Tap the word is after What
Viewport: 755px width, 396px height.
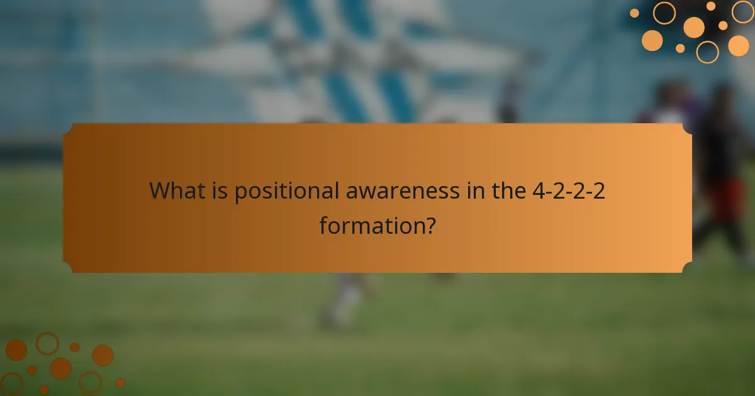[x=218, y=190]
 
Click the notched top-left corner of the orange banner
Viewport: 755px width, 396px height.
[x=68, y=128]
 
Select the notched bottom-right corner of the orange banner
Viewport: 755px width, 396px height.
[x=687, y=268]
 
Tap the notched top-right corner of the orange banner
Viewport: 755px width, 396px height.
[x=687, y=128]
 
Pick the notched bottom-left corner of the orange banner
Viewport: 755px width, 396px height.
[x=68, y=268]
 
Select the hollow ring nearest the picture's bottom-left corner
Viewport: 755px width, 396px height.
[x=11, y=383]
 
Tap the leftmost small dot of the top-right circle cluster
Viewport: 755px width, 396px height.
[x=634, y=13]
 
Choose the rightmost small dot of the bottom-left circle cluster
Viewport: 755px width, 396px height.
[x=120, y=382]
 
